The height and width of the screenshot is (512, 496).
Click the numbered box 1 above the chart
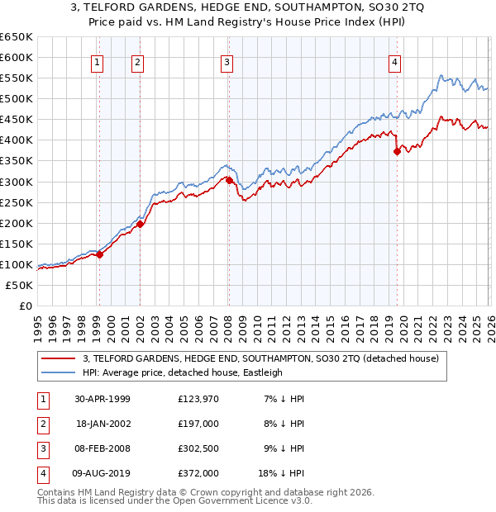(x=98, y=61)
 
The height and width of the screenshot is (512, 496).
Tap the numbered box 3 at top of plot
(x=227, y=61)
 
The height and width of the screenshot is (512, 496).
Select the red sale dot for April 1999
(x=100, y=254)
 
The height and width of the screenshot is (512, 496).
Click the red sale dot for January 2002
(x=140, y=224)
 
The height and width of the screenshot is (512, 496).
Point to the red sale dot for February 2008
(x=229, y=180)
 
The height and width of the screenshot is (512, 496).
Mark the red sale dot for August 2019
(x=397, y=151)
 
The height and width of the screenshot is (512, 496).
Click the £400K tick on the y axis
(x=17, y=140)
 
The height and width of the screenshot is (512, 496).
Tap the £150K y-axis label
(x=17, y=244)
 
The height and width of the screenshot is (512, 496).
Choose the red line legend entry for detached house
(x=265, y=358)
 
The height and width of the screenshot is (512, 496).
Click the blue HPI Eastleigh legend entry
(x=182, y=372)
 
